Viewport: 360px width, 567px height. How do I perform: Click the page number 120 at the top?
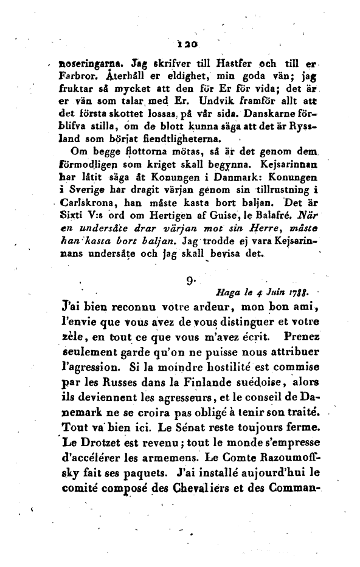click(182, 45)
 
